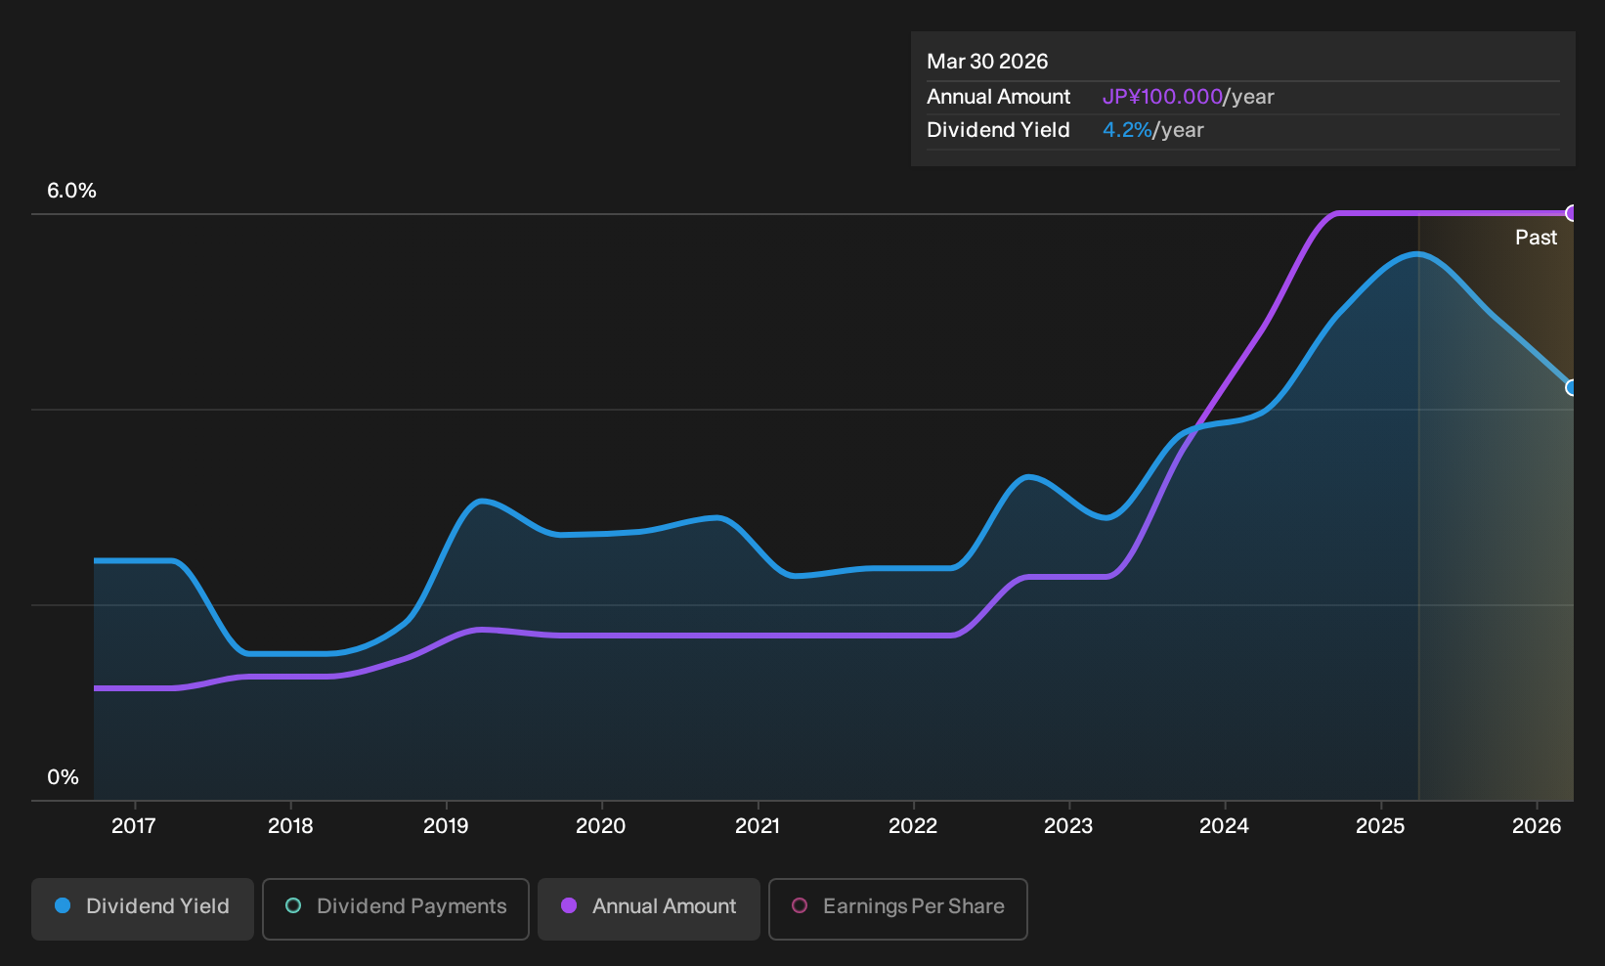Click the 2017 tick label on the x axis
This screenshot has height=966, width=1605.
(x=134, y=826)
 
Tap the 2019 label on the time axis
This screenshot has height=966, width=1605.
(x=446, y=826)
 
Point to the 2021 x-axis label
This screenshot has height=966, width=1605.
(x=758, y=826)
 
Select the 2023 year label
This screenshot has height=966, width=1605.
(x=1068, y=826)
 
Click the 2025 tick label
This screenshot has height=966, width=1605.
(x=1381, y=826)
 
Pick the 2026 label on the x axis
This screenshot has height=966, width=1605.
(x=1537, y=826)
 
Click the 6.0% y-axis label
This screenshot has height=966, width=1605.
(x=71, y=191)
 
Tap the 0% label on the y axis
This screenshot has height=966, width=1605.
(x=64, y=777)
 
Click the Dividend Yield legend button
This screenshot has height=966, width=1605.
(x=143, y=908)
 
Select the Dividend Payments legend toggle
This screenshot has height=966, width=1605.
(x=396, y=908)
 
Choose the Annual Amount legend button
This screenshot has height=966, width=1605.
(x=648, y=908)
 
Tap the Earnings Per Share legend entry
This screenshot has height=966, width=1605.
(x=897, y=908)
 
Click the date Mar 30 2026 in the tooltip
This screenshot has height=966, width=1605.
(x=987, y=62)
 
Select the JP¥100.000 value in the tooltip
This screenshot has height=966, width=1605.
(x=1162, y=97)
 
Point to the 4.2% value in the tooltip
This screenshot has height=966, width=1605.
(x=1127, y=130)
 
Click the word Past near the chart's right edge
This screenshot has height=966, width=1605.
(x=1537, y=238)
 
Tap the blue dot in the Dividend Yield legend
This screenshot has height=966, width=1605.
(x=64, y=905)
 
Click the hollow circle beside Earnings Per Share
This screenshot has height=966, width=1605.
(x=800, y=905)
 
